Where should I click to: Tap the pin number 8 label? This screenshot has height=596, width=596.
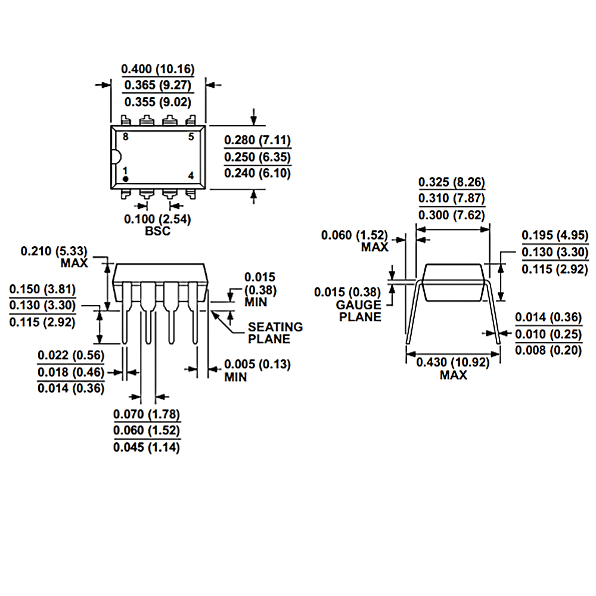[x=125, y=137]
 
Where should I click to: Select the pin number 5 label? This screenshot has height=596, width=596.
[x=191, y=137]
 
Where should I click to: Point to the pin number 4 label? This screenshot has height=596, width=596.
[x=191, y=175]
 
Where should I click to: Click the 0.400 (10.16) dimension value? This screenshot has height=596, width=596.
[x=158, y=69]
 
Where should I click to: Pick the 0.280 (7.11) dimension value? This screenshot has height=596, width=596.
[x=257, y=141]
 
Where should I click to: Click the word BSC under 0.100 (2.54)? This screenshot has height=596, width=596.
[x=157, y=231]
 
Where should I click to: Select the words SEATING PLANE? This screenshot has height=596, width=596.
[x=275, y=333]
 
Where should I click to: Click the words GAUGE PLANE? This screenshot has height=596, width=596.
[x=359, y=311]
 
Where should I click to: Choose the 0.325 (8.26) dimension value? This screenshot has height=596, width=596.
[x=452, y=182]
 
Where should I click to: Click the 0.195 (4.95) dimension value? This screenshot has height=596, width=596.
[x=555, y=235]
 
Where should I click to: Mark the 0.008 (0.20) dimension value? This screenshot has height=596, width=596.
[x=548, y=350]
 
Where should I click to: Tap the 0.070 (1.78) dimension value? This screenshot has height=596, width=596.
[x=147, y=414]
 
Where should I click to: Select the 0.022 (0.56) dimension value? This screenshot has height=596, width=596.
[x=71, y=356]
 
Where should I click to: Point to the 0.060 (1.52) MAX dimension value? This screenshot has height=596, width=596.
[x=355, y=235]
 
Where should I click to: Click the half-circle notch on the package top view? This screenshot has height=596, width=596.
[x=116, y=157]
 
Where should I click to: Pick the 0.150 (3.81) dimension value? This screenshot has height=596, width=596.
[x=43, y=290]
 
